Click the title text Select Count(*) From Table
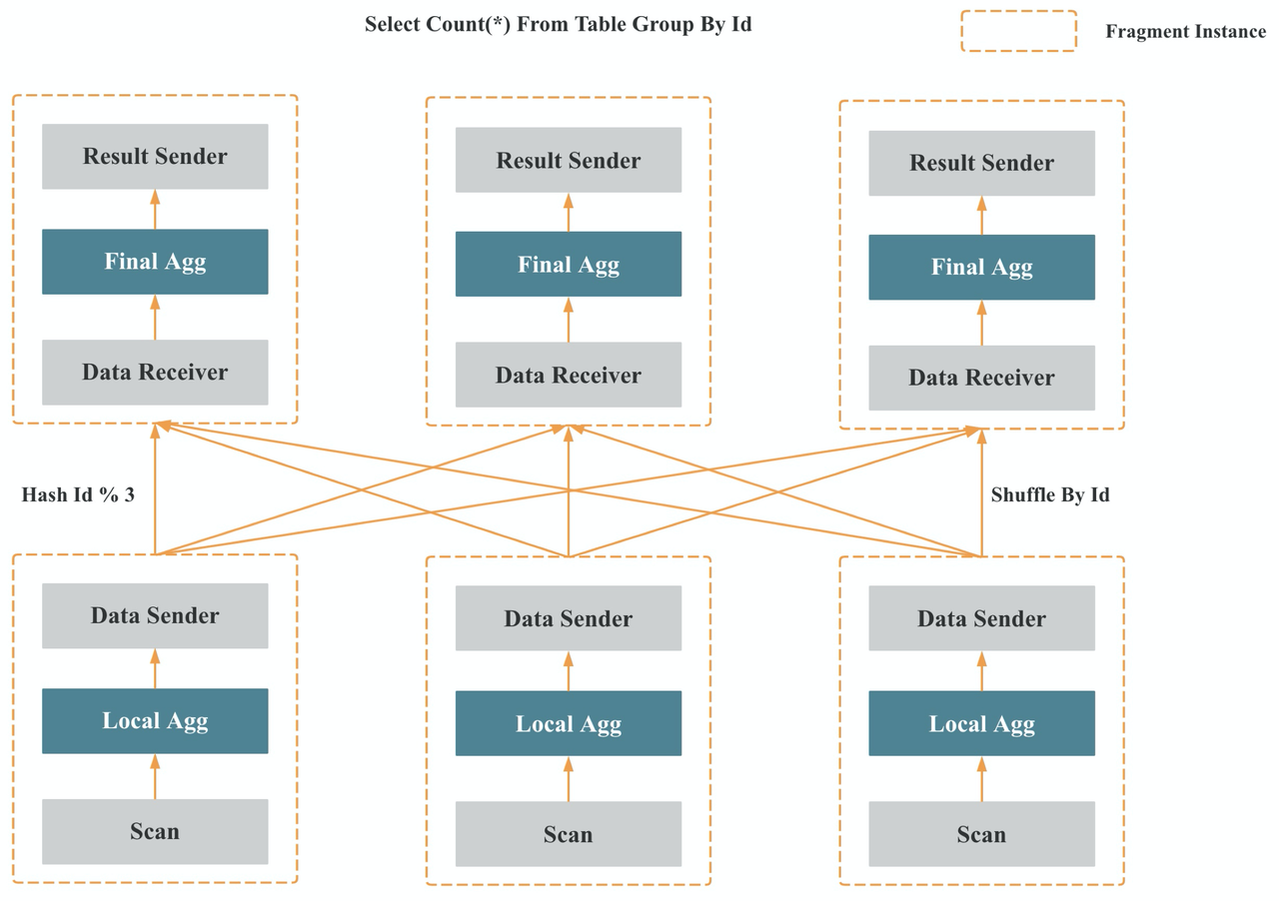click(x=558, y=25)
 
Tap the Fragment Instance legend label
click(x=1185, y=31)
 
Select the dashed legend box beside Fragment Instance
click(x=1018, y=31)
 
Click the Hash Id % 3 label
click(x=78, y=494)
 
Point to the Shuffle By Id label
click(x=1050, y=494)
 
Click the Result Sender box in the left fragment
click(x=155, y=157)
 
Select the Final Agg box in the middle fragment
click(x=569, y=265)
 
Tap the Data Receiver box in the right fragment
click(x=981, y=378)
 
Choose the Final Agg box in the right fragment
click(x=981, y=268)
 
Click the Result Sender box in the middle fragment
click(x=569, y=161)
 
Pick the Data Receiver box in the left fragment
click(x=155, y=373)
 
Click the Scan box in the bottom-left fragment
click(x=155, y=831)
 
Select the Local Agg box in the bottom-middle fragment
click(x=569, y=723)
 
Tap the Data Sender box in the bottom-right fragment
click(x=981, y=618)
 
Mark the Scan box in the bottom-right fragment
click(x=981, y=834)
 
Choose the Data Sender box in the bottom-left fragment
click(x=155, y=615)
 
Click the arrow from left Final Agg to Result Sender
click(x=155, y=209)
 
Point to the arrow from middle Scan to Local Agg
click(x=569, y=779)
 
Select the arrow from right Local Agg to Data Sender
click(x=981, y=671)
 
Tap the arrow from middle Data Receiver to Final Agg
click(x=569, y=319)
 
